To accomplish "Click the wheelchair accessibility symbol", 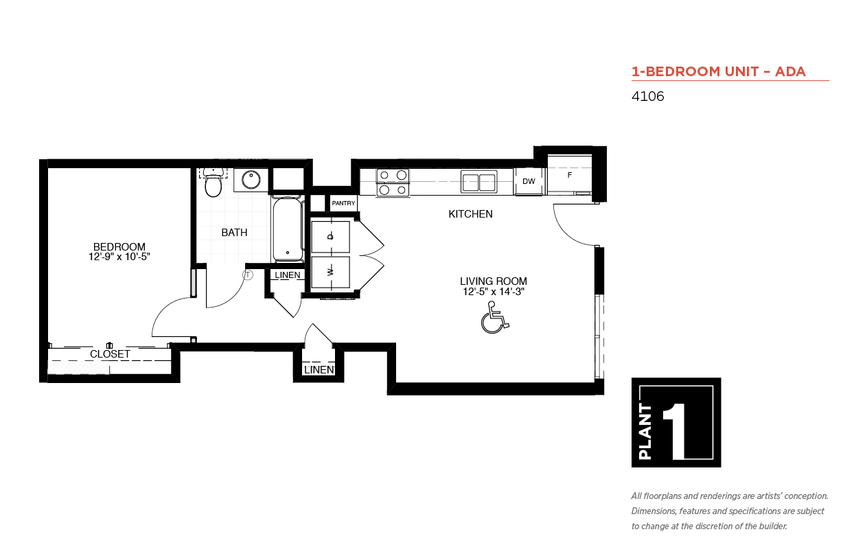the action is (494, 318).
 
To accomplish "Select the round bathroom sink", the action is (251, 180).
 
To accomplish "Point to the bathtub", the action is (288, 229).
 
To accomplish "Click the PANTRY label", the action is (343, 203).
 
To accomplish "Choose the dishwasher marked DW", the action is (529, 181).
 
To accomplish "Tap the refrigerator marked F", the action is (569, 174).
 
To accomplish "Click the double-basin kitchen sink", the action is (478, 182).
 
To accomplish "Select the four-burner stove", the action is (393, 183).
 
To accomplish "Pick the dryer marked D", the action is (330, 237).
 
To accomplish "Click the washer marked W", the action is (330, 272).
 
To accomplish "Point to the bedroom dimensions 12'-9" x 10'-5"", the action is (119, 257).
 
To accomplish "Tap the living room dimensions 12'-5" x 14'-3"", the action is (494, 292).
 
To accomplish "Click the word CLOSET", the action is (110, 354).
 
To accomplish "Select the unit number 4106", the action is (647, 96).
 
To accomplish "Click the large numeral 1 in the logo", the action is (675, 431).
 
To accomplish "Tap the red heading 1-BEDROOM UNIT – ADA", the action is (719, 71).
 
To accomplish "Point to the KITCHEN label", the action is (470, 214).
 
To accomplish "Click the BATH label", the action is (234, 233).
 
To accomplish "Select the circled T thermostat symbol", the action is (248, 275).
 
